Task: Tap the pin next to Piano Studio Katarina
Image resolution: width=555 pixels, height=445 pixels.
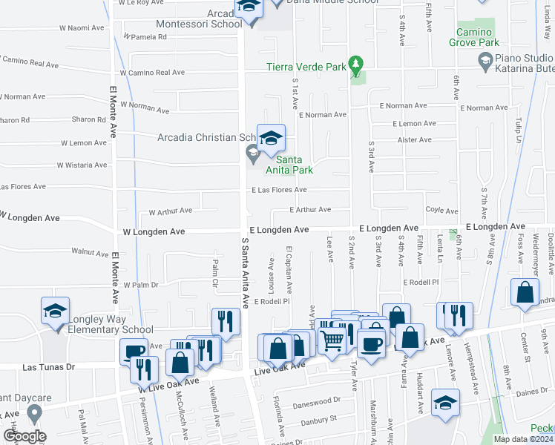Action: pyautogui.click(x=485, y=62)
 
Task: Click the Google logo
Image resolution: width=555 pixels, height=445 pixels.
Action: pyautogui.click(x=24, y=436)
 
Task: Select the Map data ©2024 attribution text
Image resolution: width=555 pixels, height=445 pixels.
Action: pyautogui.click(x=523, y=439)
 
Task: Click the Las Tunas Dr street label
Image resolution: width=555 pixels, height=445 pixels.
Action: pyautogui.click(x=49, y=367)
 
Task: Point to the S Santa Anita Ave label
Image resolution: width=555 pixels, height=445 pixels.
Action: pyautogui.click(x=243, y=273)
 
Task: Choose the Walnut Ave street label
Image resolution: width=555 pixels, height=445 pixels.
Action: pyautogui.click(x=90, y=252)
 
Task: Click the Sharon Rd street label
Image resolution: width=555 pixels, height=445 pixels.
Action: pyautogui.click(x=89, y=119)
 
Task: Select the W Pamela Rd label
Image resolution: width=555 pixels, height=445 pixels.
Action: pyautogui.click(x=145, y=36)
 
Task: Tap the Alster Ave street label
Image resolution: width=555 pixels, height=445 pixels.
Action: pyautogui.click(x=415, y=139)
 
